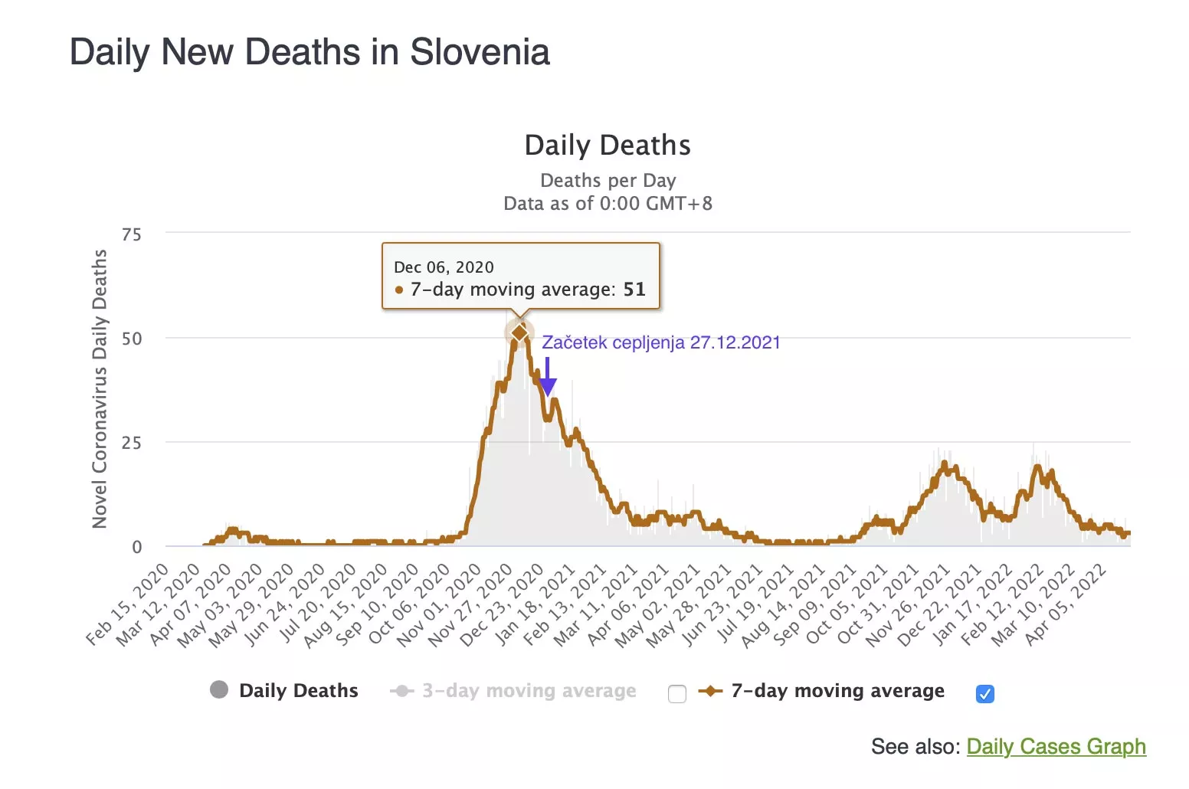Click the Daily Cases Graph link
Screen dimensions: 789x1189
[x=1056, y=746]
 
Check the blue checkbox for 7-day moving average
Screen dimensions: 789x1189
[x=985, y=694]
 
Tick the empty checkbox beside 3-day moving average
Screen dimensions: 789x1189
[x=676, y=694]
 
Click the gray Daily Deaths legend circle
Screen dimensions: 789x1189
[x=219, y=689]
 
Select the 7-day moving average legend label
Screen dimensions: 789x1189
[x=837, y=691]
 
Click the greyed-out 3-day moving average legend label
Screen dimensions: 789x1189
[x=529, y=691]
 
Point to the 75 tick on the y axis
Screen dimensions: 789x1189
[x=132, y=234]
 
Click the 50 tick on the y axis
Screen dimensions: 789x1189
[x=132, y=339]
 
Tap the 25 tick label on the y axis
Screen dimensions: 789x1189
[x=132, y=443]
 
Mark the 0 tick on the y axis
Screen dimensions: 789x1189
[x=137, y=547]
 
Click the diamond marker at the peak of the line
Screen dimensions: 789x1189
[x=519, y=332]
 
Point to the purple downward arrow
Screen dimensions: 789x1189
[x=547, y=378]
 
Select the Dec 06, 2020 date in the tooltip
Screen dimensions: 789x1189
[x=444, y=267]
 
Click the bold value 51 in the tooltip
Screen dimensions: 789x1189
[x=634, y=290]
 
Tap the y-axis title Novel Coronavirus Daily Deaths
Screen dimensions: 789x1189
[x=100, y=389]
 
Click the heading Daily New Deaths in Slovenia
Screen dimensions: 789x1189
[x=310, y=52]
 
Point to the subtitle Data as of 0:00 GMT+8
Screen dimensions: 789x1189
[x=608, y=204]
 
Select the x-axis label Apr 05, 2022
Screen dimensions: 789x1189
[x=1067, y=604]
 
